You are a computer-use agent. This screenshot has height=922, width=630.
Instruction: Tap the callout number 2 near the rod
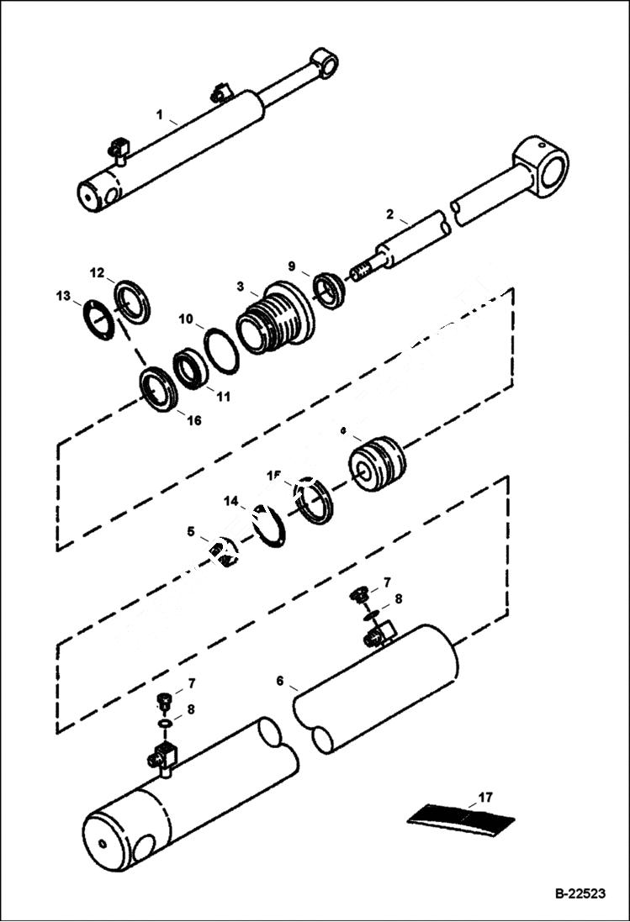(x=390, y=214)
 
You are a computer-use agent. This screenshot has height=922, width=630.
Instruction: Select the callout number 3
(x=240, y=287)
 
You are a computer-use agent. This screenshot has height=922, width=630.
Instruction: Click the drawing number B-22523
(x=580, y=894)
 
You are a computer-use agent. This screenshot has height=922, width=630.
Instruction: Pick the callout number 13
(x=64, y=296)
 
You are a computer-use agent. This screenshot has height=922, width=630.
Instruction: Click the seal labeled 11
(x=191, y=370)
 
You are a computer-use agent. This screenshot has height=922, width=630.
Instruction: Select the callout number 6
(x=280, y=681)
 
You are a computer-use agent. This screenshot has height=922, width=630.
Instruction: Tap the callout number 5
(x=191, y=531)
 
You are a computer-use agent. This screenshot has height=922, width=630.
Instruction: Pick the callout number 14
(x=230, y=502)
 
